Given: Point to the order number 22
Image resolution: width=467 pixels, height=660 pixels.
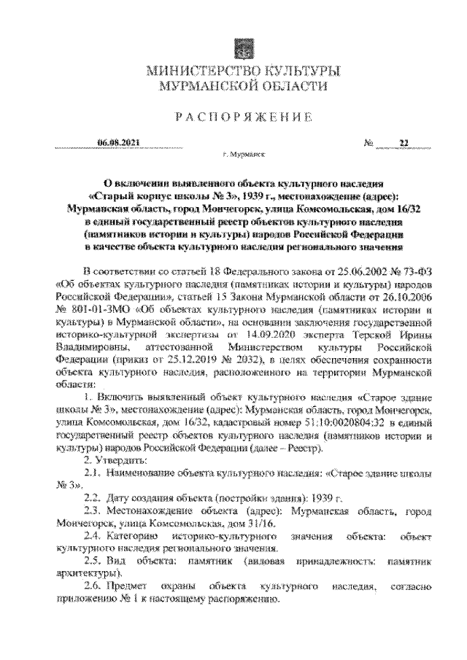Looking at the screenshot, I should tap(402, 143).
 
